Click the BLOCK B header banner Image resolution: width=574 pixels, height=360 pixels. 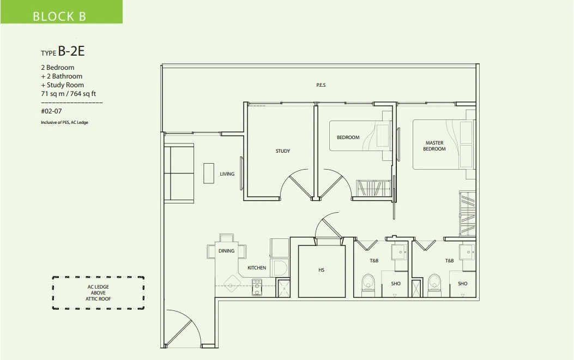pos(62,11)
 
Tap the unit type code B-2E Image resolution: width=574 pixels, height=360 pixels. pos(71,51)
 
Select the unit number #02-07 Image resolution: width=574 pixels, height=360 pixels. pos(51,111)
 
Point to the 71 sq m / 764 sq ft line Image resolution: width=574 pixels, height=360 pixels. pos(69,94)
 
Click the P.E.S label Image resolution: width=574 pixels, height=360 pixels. pos(321,85)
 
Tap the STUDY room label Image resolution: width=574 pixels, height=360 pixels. pos(282,151)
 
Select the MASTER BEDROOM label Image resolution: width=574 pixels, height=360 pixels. pos(434,146)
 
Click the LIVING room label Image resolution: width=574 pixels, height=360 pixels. pos(227,174)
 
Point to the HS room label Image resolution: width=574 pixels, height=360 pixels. pos(321,270)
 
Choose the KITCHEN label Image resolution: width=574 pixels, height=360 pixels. pos(257,268)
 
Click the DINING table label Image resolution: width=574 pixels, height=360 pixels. pos(226,251)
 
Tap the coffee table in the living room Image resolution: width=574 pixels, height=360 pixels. pos(209,173)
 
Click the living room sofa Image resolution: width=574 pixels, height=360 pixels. pos(179,173)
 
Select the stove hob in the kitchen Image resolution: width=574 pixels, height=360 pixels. pos(257,287)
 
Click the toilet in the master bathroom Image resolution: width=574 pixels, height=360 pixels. pos(434,285)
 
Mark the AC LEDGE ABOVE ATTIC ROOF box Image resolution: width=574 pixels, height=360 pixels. pos(98,293)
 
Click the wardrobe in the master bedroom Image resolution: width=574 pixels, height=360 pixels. pos(468,213)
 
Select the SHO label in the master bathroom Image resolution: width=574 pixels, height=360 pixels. pos(462,284)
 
